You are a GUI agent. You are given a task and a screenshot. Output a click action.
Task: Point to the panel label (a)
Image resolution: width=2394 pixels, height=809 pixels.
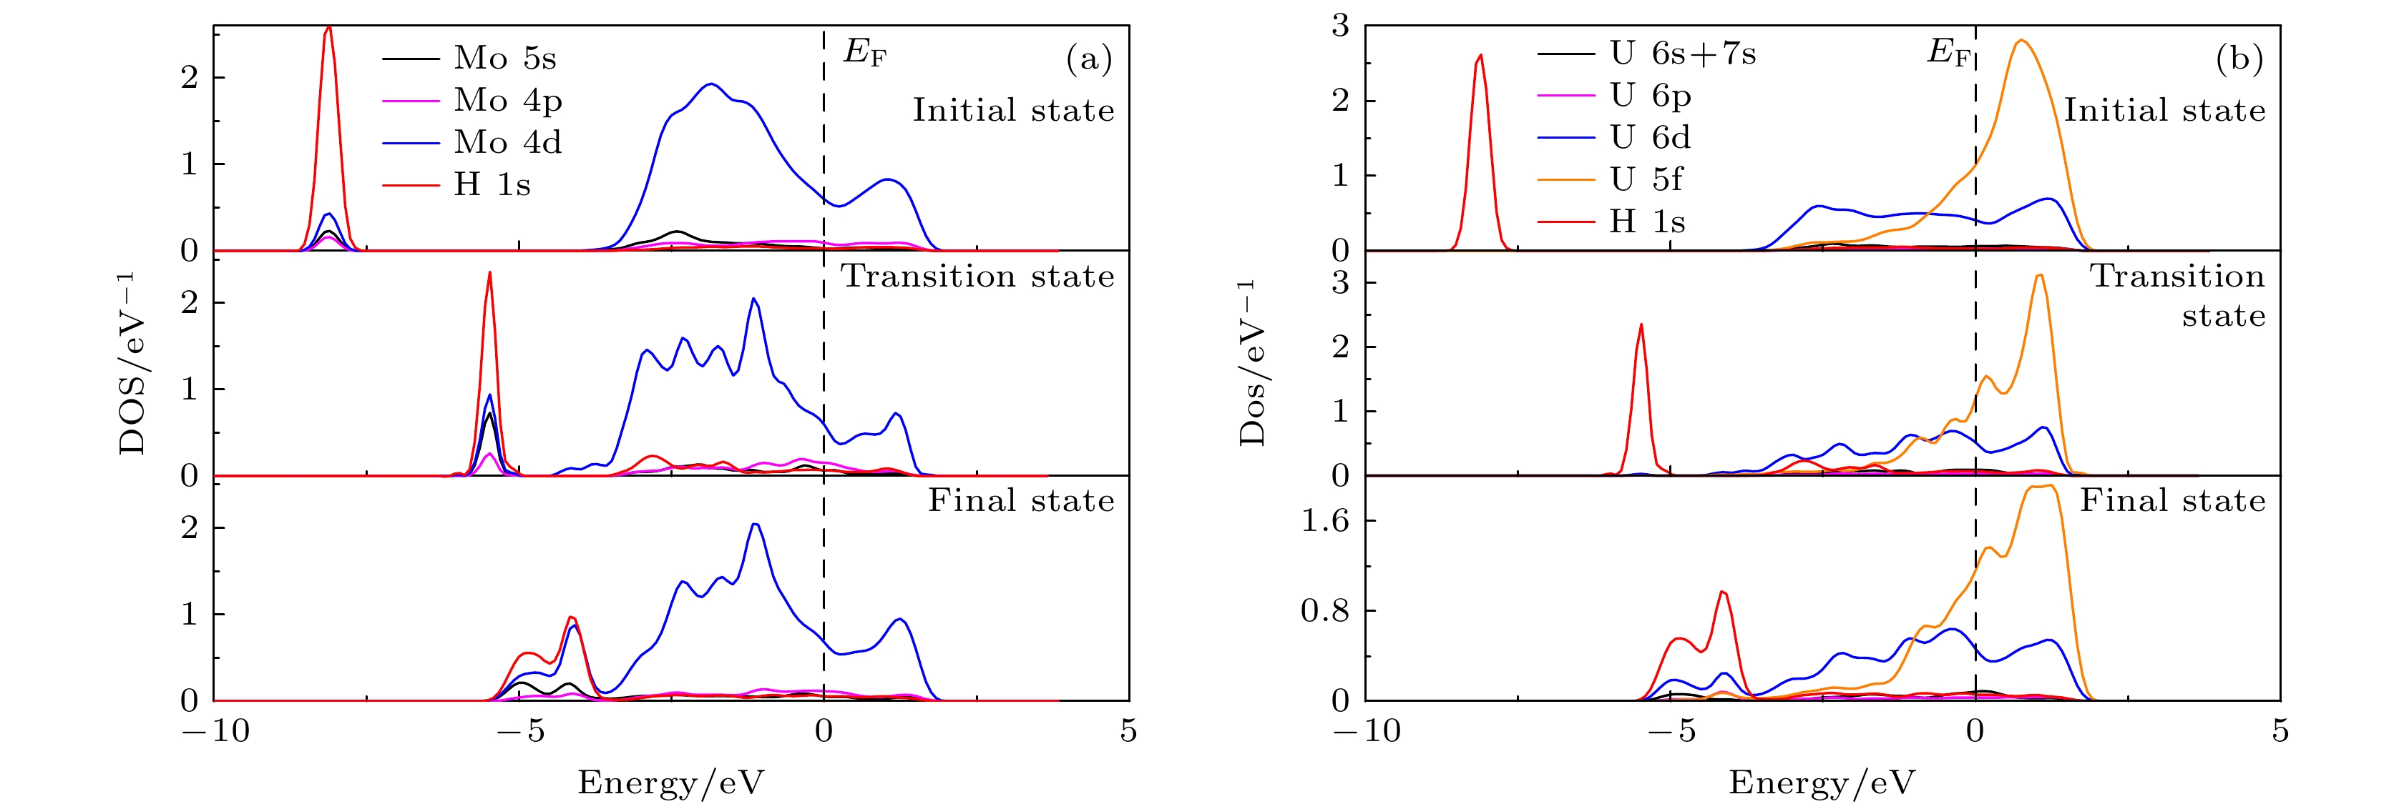point(1088,59)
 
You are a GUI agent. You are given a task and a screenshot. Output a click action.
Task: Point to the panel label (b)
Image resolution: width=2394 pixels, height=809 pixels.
point(2239,59)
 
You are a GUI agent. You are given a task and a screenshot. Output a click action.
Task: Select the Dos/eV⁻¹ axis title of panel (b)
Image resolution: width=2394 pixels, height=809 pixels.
point(1252,362)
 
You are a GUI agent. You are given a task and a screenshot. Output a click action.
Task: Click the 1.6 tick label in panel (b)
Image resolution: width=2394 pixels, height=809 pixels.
point(1324,522)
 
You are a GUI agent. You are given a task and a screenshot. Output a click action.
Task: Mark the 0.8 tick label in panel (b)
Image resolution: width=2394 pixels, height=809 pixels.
point(1324,611)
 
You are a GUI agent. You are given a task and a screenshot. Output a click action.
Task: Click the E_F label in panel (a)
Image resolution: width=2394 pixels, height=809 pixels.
point(864,52)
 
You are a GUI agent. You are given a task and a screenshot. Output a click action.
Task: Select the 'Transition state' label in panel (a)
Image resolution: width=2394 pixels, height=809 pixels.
point(977,277)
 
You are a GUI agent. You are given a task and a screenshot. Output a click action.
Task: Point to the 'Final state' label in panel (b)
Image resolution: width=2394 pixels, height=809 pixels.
point(2173,502)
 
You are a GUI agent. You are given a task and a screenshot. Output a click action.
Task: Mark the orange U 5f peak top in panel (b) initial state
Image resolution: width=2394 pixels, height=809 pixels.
point(2021,40)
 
